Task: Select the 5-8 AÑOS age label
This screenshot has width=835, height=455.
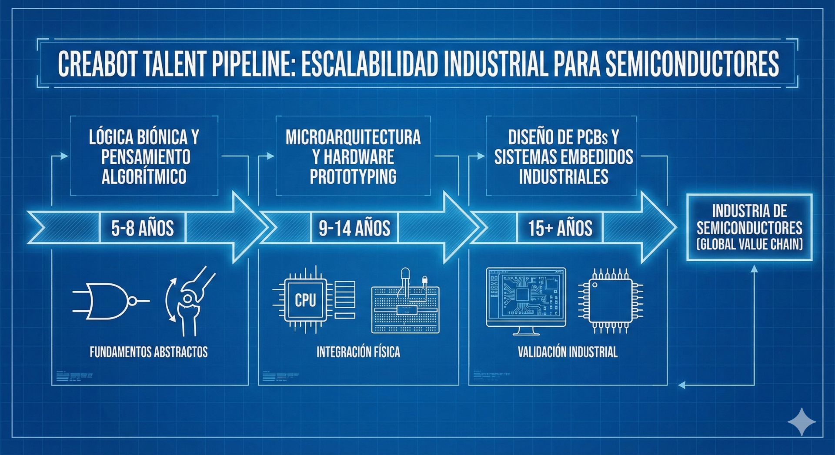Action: (142, 228)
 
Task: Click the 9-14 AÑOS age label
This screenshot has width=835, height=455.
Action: (354, 228)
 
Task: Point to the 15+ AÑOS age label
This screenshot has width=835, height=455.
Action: (560, 228)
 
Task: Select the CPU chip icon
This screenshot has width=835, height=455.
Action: (305, 300)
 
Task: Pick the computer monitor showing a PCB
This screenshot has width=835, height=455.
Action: (526, 300)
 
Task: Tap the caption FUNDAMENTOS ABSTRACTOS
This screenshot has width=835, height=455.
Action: (149, 352)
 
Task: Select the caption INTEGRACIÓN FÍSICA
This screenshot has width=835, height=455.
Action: (358, 352)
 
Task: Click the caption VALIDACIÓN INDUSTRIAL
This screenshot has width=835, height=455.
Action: (568, 352)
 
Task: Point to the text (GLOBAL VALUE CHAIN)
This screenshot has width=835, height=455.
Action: (749, 244)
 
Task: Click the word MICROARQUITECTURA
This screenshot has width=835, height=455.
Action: (353, 137)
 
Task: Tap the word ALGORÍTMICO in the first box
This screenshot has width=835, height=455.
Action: (144, 177)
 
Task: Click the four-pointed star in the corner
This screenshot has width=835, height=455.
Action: (802, 421)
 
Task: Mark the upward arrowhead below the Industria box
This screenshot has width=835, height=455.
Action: (755, 269)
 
